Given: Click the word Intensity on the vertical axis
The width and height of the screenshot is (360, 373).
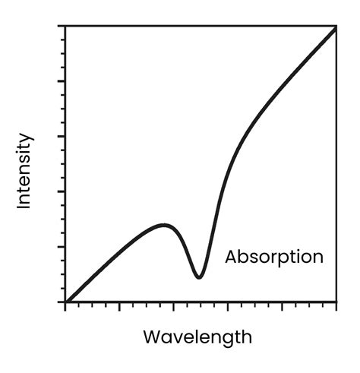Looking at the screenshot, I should click(24, 171).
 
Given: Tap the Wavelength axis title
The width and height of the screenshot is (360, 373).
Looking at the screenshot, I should click(197, 336).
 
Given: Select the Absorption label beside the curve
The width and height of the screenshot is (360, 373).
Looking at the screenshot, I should click(274, 257).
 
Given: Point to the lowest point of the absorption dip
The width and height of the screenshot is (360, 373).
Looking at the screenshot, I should click(198, 277).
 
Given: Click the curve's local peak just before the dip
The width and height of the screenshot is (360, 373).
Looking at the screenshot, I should click(163, 225).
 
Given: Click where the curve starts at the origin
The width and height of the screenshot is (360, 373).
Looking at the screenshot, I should click(66, 302).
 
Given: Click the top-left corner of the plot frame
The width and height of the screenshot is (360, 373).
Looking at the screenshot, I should click(66, 26).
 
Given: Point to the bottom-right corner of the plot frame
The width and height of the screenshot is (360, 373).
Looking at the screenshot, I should click(336, 302).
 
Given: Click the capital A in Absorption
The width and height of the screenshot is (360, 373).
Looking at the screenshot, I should click(231, 257).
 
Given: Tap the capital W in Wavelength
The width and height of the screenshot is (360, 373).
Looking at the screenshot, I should click(152, 336).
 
